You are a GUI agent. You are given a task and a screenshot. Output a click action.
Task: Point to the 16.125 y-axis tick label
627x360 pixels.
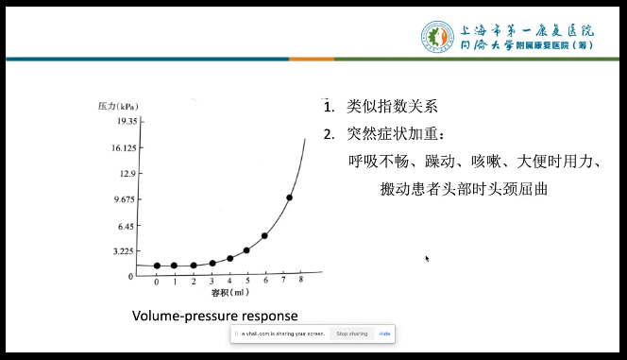(x=125, y=148)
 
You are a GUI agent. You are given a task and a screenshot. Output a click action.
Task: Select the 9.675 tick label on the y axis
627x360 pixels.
(x=126, y=199)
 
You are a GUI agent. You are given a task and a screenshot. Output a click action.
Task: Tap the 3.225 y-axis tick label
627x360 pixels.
(x=126, y=251)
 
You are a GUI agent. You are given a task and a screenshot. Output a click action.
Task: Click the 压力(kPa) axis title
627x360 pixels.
(x=118, y=106)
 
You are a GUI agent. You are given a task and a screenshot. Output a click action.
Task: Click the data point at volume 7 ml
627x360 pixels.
(x=289, y=197)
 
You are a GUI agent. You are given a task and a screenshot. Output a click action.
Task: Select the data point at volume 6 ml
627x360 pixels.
(x=264, y=235)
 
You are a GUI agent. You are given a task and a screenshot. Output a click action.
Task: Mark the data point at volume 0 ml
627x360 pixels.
(x=157, y=266)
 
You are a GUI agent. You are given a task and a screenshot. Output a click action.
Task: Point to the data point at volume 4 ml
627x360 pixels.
(x=229, y=258)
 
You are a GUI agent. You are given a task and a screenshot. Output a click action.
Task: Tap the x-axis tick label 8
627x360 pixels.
(x=300, y=282)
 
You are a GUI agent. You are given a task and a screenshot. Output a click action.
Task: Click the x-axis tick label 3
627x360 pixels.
(x=212, y=282)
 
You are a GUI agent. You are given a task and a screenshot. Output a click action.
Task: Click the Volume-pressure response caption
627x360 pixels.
(x=215, y=315)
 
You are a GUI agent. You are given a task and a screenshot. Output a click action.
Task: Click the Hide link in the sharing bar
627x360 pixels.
(x=385, y=334)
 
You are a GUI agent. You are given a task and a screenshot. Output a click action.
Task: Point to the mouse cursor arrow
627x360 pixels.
(x=427, y=257)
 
